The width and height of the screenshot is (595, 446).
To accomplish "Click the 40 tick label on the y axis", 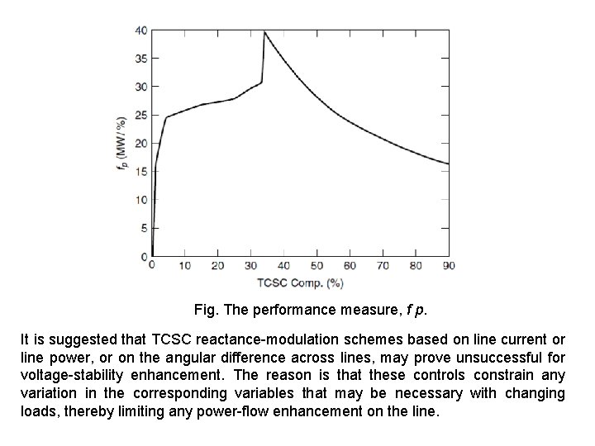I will (142, 31).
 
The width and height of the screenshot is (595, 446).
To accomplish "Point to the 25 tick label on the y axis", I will (142, 115).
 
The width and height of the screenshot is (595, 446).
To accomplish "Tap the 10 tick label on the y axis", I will (142, 199).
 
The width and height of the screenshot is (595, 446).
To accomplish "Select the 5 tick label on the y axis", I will (145, 227).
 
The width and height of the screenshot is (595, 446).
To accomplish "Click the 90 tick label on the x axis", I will (449, 265).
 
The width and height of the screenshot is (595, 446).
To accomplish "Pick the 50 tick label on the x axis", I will (317, 265).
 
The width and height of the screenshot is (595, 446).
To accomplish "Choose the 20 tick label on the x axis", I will (217, 265).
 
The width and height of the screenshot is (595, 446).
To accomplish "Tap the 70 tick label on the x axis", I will (383, 265).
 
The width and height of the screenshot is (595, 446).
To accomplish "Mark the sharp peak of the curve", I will (264, 32).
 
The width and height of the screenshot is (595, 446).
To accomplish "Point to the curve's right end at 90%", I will (448, 164).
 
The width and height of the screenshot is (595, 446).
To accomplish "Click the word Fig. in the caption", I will (206, 311).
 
